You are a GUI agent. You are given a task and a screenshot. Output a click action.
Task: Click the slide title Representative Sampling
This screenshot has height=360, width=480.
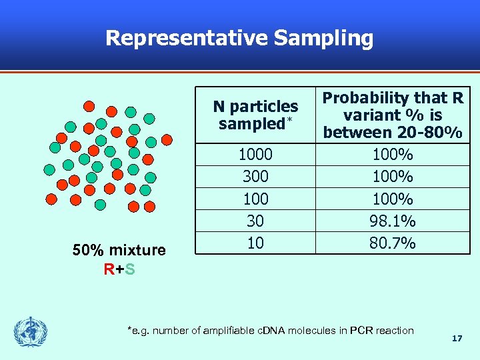click(x=239, y=38)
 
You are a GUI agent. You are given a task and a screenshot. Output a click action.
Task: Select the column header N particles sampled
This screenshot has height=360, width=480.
click(x=255, y=115)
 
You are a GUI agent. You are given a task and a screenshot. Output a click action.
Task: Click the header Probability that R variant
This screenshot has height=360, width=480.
click(x=393, y=115)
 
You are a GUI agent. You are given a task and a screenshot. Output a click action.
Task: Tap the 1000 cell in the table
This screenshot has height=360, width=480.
click(x=255, y=155)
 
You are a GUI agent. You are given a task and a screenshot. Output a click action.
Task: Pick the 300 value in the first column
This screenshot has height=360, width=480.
click(x=255, y=177)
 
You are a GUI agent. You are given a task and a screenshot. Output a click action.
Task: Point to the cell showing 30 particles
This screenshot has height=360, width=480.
click(x=255, y=221)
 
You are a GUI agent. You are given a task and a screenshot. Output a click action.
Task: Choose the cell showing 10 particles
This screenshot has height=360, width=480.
click(x=255, y=243)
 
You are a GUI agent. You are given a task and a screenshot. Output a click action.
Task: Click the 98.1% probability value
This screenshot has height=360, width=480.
click(x=393, y=221)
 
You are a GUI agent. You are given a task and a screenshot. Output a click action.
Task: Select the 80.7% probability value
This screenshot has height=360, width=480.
click(x=393, y=243)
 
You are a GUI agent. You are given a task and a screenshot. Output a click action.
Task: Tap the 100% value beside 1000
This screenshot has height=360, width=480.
click(x=393, y=155)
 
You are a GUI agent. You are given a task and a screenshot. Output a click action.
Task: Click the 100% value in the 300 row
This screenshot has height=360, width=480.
click(x=393, y=177)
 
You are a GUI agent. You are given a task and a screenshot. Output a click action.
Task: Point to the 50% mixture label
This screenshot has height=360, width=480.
click(x=119, y=251)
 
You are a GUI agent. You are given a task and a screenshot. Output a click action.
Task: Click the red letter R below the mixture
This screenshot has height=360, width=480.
click(x=109, y=269)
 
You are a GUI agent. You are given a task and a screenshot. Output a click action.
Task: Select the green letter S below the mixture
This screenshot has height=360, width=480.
click(x=130, y=269)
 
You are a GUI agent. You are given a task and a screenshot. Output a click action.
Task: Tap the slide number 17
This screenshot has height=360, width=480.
click(x=457, y=339)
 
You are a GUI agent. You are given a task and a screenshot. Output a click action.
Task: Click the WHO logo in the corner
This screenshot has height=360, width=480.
click(x=31, y=332)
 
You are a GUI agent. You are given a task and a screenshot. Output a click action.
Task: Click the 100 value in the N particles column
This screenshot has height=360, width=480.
click(x=255, y=199)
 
